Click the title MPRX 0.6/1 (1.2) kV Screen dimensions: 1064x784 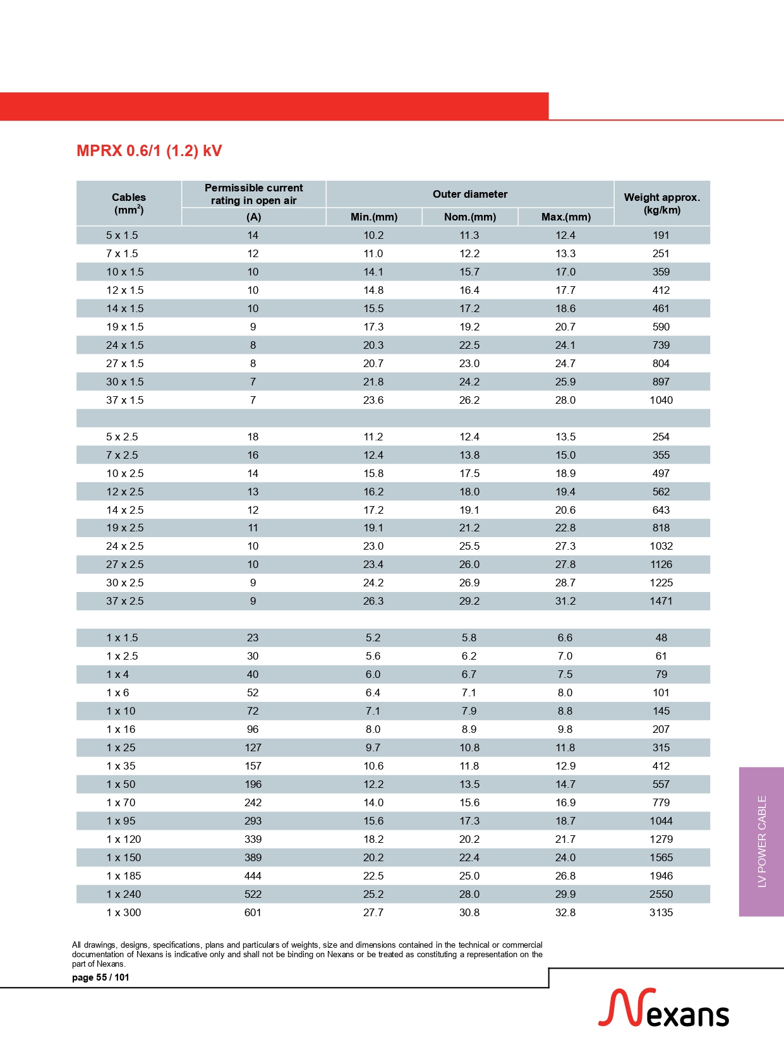(149, 151)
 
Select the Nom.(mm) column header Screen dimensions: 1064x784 (469, 217)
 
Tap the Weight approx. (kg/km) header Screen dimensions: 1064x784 (661, 203)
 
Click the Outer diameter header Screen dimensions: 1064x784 (469, 194)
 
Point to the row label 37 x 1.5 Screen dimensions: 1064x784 (124, 400)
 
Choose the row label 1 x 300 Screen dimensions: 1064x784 (123, 912)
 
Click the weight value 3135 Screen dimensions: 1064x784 (661, 912)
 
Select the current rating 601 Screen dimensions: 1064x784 (253, 912)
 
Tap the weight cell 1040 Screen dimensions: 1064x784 (661, 400)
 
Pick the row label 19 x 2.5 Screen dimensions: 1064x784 (124, 528)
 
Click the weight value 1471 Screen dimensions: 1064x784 (661, 601)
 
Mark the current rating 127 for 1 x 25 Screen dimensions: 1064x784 (253, 747)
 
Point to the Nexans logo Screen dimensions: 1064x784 (663, 1008)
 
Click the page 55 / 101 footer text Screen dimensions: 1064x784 (100, 977)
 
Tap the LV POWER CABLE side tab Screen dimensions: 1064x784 (761, 841)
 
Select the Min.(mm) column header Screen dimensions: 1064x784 (373, 217)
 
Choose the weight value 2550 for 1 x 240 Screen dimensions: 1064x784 (661, 894)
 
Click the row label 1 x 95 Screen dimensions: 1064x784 (121, 821)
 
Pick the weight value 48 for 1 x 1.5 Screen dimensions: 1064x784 (661, 638)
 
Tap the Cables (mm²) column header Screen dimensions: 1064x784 (128, 203)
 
